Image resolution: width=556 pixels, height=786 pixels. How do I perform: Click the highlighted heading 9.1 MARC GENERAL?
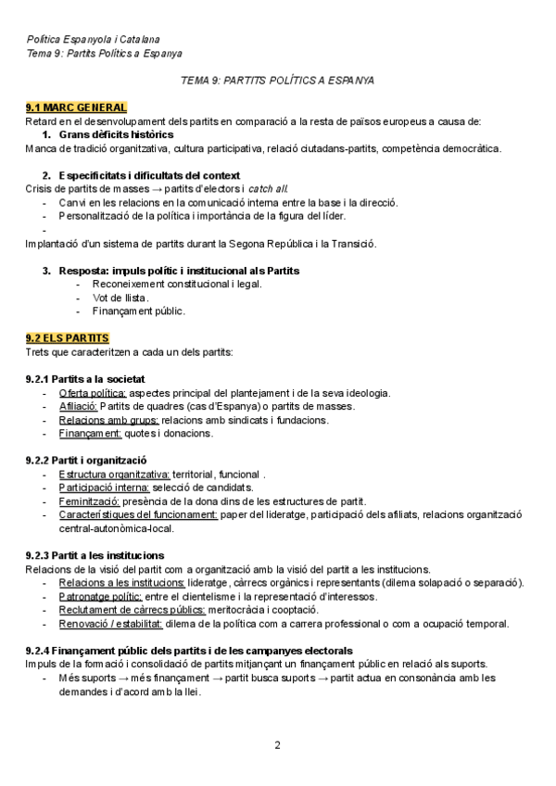pos(76,108)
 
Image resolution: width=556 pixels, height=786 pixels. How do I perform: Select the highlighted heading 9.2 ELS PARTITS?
pos(68,338)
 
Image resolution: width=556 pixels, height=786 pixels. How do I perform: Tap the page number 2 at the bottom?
pos(277,744)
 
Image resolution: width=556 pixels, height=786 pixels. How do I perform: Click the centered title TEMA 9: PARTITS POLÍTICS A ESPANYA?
pos(277,81)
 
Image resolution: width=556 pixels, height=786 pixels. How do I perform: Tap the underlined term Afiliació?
pos(78,406)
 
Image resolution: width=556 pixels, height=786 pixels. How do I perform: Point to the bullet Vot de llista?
pos(120,298)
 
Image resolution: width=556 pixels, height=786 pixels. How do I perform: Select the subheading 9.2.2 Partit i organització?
pos(85,461)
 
